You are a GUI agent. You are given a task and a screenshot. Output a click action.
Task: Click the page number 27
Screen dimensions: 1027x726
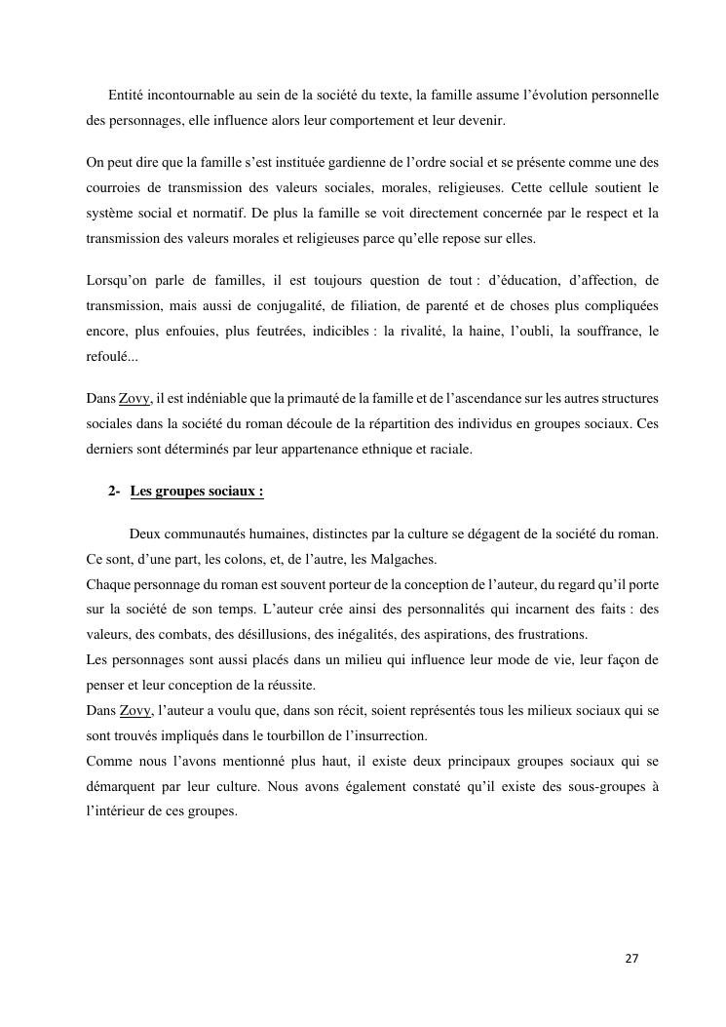(631, 959)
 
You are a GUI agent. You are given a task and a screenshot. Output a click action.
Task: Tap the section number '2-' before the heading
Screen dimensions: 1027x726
(114, 492)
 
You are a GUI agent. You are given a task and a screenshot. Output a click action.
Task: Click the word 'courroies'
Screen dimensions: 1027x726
(115, 187)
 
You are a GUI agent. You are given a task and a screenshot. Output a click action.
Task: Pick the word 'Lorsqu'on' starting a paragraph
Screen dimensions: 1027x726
(118, 281)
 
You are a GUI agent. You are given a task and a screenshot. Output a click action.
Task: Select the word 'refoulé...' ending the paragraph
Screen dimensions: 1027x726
(112, 357)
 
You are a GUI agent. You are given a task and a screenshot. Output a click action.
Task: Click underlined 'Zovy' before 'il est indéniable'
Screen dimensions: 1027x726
(134, 399)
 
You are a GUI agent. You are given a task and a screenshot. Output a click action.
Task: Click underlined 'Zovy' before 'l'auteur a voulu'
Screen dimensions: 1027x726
(134, 710)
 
